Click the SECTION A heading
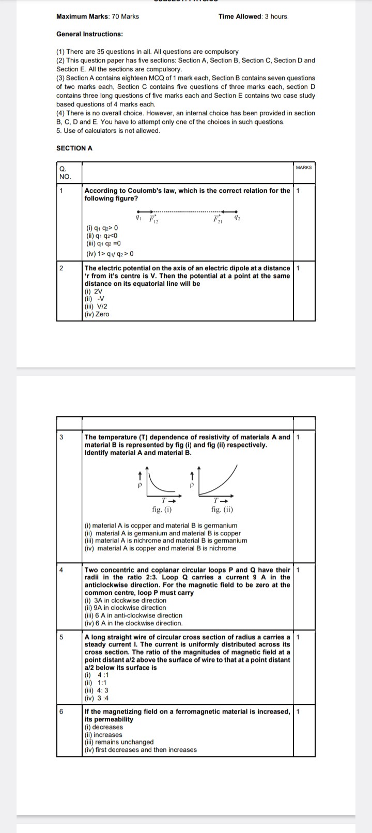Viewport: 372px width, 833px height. click(x=74, y=148)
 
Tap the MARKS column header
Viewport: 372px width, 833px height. click(x=304, y=167)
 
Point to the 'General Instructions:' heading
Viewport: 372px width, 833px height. click(x=89, y=34)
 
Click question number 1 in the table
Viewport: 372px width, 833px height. click(x=61, y=191)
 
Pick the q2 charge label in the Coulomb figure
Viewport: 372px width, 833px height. click(x=237, y=218)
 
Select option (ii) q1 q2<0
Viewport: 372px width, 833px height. click(x=102, y=236)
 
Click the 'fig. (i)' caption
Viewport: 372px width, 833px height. click(x=162, y=510)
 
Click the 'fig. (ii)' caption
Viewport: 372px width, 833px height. click(x=222, y=510)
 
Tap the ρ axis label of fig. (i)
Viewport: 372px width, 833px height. click(x=139, y=486)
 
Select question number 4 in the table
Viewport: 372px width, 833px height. click(x=61, y=570)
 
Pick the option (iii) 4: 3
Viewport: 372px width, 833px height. click(x=97, y=690)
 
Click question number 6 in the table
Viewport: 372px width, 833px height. click(x=61, y=712)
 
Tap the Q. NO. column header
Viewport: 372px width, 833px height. click(x=65, y=173)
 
